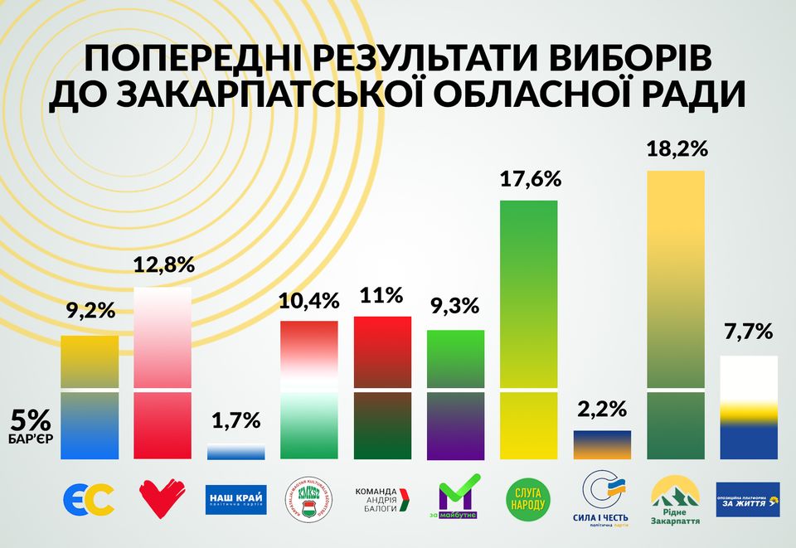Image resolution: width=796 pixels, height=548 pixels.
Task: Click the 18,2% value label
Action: click(x=676, y=150)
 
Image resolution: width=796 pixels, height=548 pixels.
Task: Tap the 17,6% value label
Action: click(x=531, y=179)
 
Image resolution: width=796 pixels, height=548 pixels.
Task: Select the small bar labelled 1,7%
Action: click(x=236, y=452)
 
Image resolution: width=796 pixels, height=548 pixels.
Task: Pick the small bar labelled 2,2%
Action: click(x=602, y=444)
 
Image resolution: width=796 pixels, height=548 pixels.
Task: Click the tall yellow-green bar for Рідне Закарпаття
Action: click(x=676, y=315)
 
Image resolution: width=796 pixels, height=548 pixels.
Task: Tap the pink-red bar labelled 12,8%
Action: click(x=163, y=373)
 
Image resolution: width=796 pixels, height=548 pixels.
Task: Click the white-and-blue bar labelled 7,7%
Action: click(x=749, y=407)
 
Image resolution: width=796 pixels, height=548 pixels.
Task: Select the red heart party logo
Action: click(x=163, y=499)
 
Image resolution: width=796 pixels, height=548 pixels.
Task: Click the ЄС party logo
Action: click(x=89, y=499)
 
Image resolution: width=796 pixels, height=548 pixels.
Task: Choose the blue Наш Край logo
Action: click(x=235, y=499)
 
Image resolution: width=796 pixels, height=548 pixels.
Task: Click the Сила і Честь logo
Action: click(x=603, y=497)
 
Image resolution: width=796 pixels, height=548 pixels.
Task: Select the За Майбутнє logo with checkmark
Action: click(x=456, y=497)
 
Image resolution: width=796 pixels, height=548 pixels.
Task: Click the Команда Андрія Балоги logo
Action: click(x=383, y=499)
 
